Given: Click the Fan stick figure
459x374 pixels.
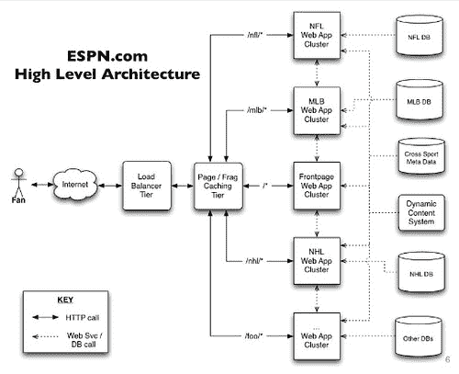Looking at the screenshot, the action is coord(18,183).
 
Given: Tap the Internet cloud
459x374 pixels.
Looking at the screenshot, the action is coord(75,184).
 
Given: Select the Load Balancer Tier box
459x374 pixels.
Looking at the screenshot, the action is coord(147,186).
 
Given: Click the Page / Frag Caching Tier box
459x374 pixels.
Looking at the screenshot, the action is coord(218,186).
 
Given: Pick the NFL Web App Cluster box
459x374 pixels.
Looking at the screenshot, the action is coord(317,35).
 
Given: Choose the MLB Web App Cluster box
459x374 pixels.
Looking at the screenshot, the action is coord(317,110).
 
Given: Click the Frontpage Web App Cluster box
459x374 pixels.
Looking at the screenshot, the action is coord(317,186).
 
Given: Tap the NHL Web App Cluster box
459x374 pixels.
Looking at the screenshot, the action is coord(317,261).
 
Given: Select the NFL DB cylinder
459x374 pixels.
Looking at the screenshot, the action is coord(420,36).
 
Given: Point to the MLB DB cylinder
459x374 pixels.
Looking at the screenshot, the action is coord(420,100).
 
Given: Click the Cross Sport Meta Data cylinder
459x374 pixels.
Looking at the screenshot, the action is coord(421,156).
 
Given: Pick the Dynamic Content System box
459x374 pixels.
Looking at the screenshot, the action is coord(421,212).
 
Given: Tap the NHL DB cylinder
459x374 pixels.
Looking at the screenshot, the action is coord(421,272).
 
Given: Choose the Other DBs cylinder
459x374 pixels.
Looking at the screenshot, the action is coord(419,336).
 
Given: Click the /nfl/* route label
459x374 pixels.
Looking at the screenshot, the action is coord(255,35).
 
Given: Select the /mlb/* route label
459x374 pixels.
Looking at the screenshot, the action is coord(257,110).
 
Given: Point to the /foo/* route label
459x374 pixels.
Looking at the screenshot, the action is coord(253,336).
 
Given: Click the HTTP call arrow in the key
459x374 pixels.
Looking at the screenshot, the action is coord(45,317).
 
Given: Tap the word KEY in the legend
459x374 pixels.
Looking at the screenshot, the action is coord(65,300).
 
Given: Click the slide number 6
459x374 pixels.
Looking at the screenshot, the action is coord(447,359).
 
